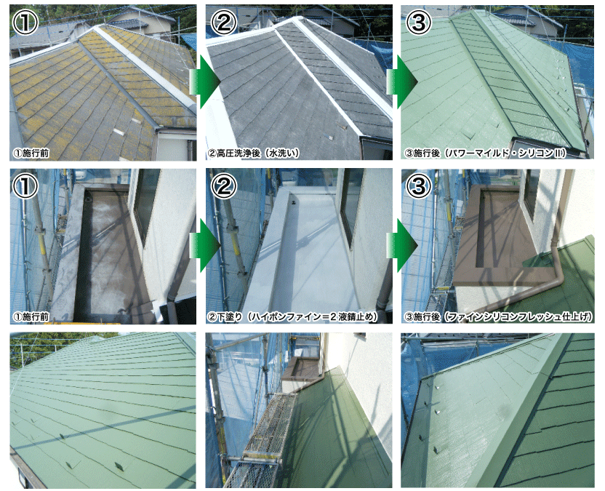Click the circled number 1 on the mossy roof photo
click(25, 23)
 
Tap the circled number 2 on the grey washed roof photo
click(224, 23)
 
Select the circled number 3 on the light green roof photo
click(419, 23)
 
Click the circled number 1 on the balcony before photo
click(25, 186)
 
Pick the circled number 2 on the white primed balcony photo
click(224, 186)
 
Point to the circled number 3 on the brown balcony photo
click(419, 186)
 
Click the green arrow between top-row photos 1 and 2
click(205, 81)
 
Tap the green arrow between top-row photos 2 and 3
click(402, 81)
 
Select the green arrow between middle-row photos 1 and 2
click(205, 245)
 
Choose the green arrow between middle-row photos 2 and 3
click(402, 245)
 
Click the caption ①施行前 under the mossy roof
click(31, 153)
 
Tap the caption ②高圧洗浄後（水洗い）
click(254, 153)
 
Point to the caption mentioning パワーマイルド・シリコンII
click(486, 153)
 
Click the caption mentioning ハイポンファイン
click(292, 317)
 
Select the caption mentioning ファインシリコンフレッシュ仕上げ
click(498, 317)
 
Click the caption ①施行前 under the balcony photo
click(31, 317)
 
